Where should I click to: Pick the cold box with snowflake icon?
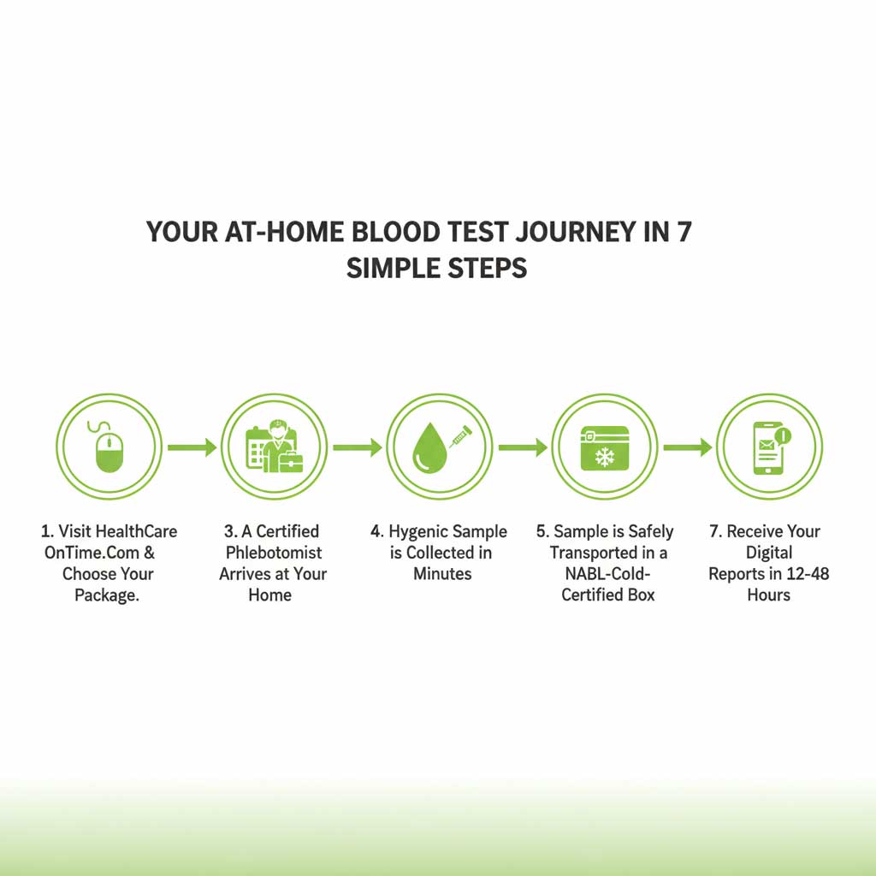pyautogui.click(x=605, y=447)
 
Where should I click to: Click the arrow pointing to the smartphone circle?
pyautogui.click(x=687, y=447)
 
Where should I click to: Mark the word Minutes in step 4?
pyautogui.click(x=442, y=574)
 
